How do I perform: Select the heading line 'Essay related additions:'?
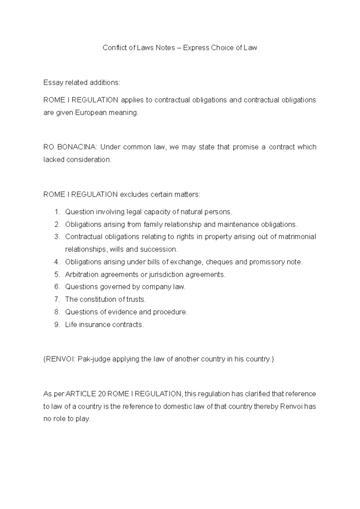pyautogui.click(x=82, y=83)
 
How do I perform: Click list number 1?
pyautogui.click(x=57, y=212)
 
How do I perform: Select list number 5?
pyautogui.click(x=57, y=274)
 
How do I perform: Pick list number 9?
pyautogui.click(x=57, y=324)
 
